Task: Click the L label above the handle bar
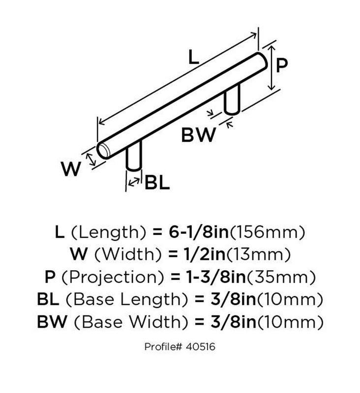pos(193,57)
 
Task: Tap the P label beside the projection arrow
pos(281,66)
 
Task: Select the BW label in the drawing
pos(198,135)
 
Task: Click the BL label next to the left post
pos(157,183)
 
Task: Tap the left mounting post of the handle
pos(134,156)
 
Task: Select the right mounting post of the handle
pos(232,99)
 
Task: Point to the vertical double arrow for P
pos(271,68)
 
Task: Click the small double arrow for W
pos(91,159)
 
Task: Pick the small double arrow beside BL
pos(134,181)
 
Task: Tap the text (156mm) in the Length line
pos(268,232)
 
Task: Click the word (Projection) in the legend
pos(113,277)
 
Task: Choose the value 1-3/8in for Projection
pos(216,277)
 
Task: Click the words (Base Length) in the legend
pos(127,300)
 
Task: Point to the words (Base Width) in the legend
pos(131,322)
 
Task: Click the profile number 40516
pos(201,347)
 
